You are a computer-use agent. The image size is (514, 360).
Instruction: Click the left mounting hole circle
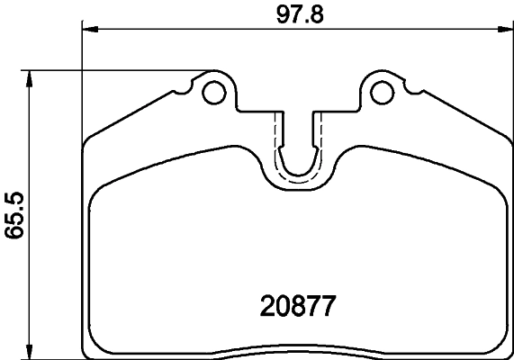click(x=214, y=92)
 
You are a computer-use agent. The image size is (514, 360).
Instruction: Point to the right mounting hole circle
click(x=383, y=92)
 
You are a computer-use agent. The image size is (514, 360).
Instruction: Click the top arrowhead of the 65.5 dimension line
click(x=32, y=77)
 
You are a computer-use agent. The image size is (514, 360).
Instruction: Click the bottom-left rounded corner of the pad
click(x=90, y=344)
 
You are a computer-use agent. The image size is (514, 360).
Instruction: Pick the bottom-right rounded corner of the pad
click(x=504, y=344)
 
